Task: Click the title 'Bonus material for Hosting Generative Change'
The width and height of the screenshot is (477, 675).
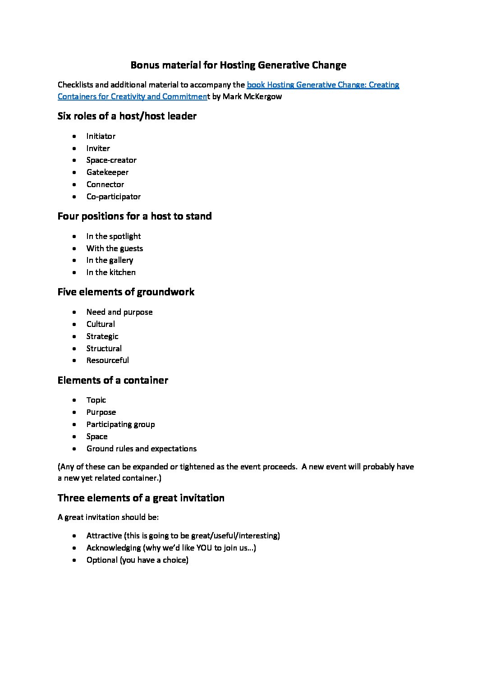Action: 238,65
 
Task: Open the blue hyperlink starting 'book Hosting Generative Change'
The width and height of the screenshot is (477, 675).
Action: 323,85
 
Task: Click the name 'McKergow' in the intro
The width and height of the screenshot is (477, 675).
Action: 263,96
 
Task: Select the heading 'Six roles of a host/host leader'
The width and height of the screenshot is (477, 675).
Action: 127,116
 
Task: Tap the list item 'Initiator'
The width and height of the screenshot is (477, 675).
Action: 101,136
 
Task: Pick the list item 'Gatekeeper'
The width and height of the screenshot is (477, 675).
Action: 107,172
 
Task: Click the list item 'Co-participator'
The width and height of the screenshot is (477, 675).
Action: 114,197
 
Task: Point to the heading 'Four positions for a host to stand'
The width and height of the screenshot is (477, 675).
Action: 134,216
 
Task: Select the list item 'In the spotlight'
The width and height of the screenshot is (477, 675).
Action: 114,236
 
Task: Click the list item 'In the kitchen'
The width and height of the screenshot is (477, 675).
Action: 111,272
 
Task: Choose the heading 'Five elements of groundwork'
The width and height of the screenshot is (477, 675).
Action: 126,292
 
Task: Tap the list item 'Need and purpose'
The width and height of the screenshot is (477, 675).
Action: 119,312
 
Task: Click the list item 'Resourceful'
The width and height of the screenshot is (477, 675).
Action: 108,360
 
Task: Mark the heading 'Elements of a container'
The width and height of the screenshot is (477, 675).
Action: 113,381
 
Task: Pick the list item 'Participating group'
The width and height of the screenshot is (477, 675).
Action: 120,424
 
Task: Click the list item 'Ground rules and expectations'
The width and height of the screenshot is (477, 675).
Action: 142,449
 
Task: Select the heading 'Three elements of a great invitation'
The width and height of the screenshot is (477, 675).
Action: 141,498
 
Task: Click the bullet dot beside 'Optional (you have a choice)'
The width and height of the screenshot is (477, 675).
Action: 74,560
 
